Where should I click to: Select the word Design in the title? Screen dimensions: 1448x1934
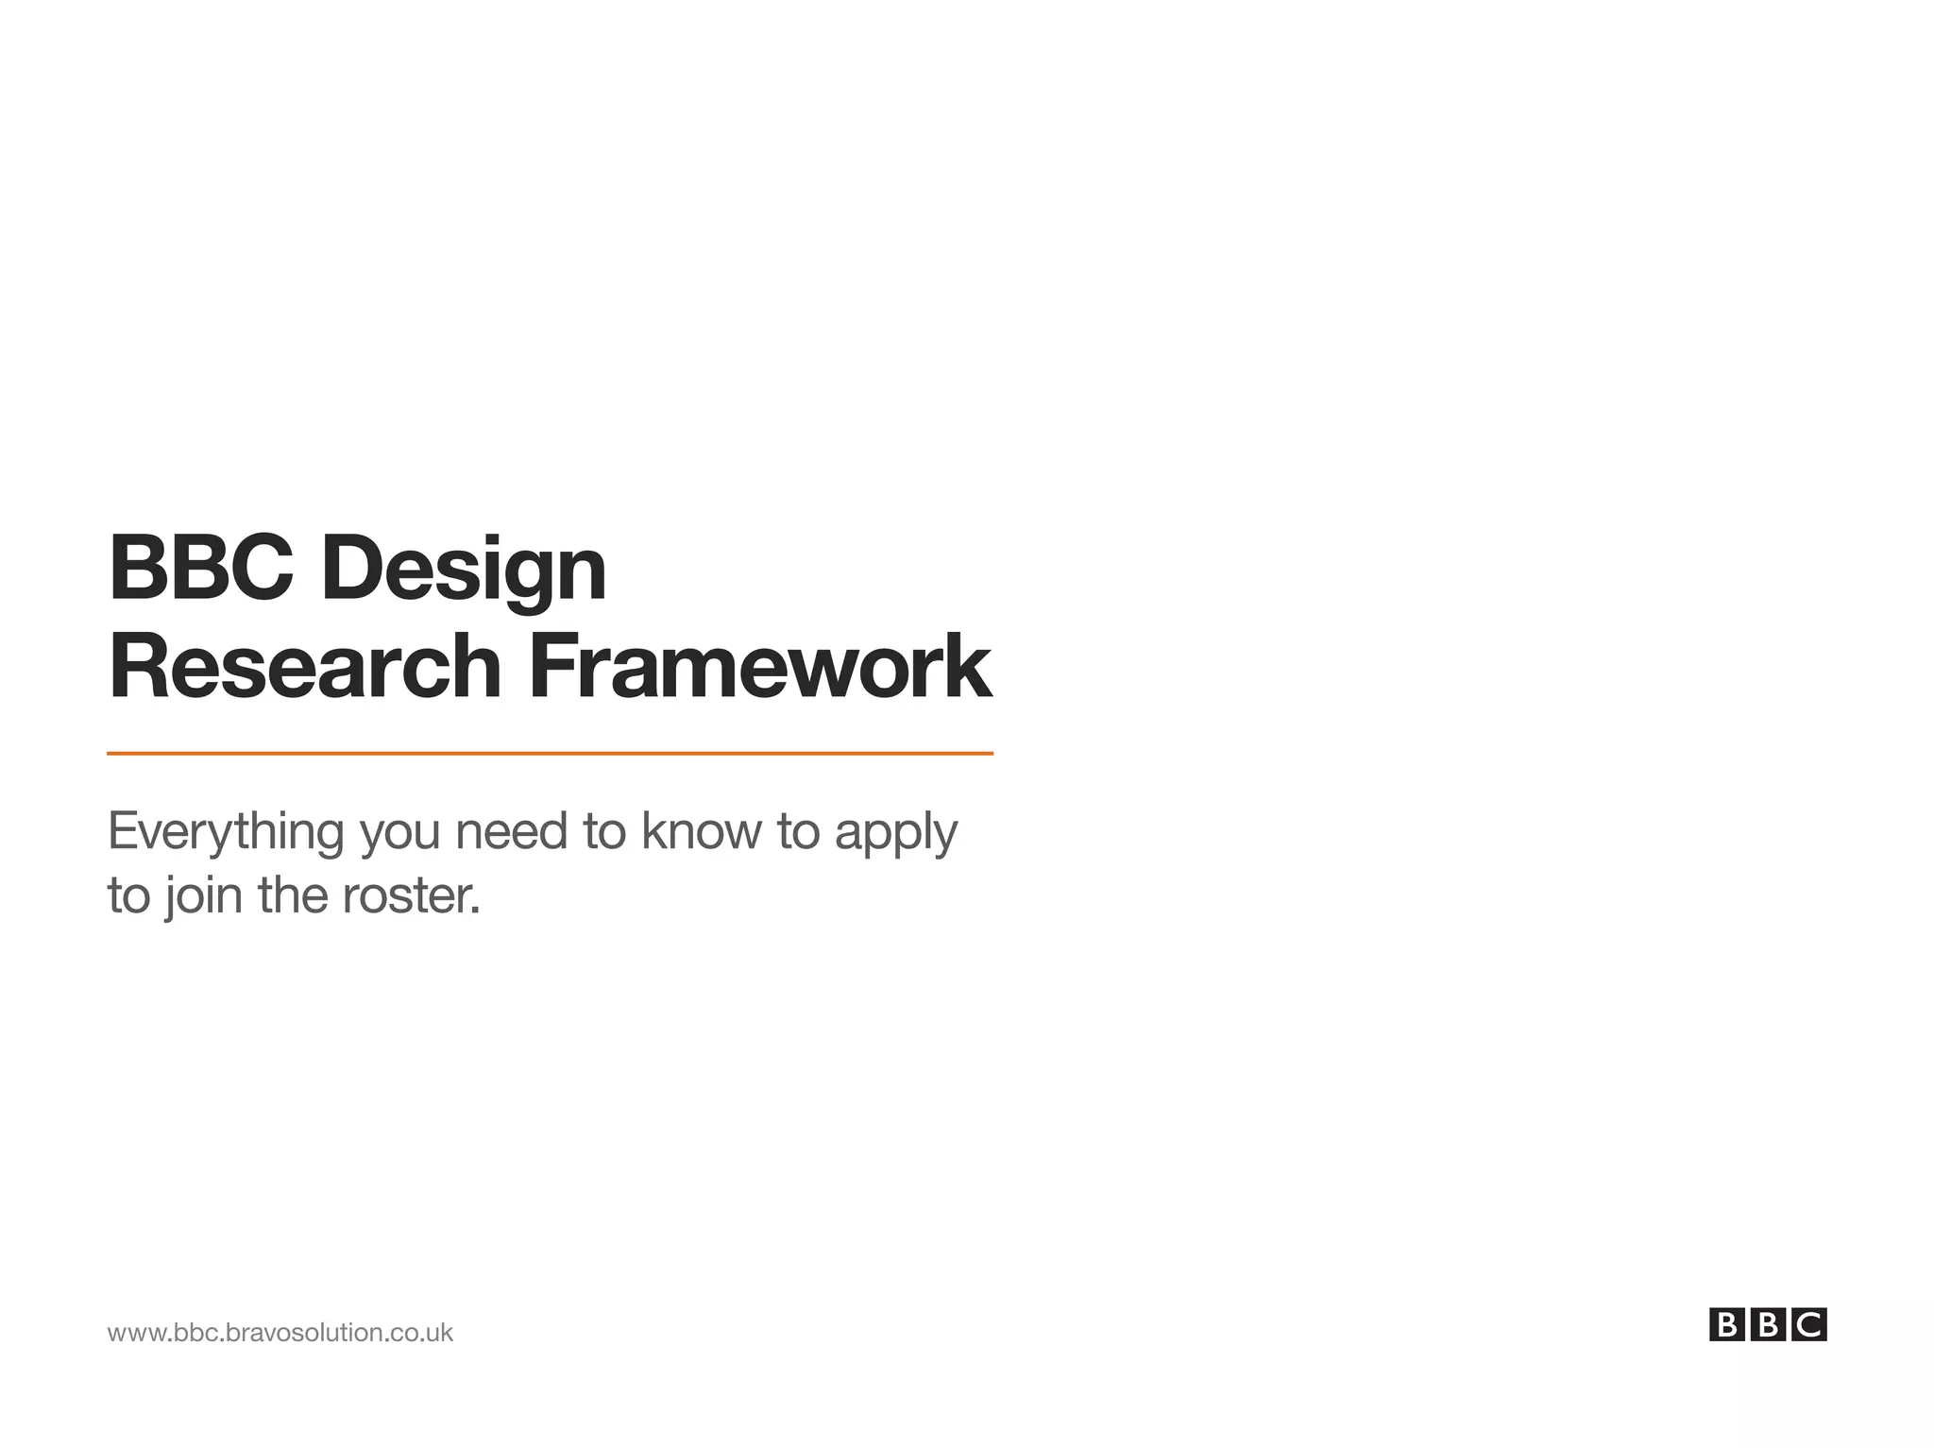click(x=463, y=571)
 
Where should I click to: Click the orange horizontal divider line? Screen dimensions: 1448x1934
click(x=550, y=754)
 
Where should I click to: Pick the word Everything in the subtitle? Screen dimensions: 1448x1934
click(x=226, y=832)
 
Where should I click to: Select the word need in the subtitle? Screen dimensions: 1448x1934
click(x=511, y=832)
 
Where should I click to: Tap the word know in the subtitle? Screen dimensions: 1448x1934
click(x=701, y=832)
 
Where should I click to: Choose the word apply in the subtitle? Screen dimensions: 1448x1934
click(x=895, y=832)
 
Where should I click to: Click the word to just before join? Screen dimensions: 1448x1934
click(x=128, y=895)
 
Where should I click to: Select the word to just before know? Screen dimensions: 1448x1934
click(x=604, y=832)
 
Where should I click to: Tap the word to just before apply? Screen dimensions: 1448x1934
click(x=798, y=832)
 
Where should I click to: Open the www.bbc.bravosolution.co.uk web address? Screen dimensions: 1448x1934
click(x=280, y=1333)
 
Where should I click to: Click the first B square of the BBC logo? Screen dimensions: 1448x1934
click(x=1726, y=1325)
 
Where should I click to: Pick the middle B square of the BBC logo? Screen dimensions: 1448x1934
click(x=1768, y=1325)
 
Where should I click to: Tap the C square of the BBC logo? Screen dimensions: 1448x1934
click(x=1809, y=1325)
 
